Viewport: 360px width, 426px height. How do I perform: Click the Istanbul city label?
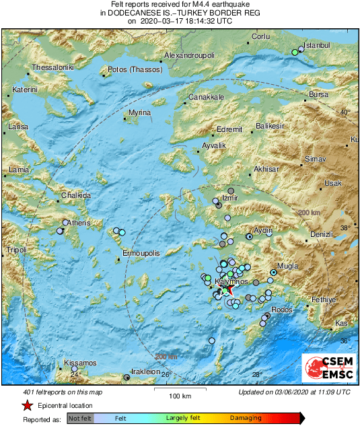318,45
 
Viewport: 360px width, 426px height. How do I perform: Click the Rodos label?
281,310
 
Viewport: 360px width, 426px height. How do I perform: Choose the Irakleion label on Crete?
145,371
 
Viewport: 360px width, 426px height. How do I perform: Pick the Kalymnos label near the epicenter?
231,281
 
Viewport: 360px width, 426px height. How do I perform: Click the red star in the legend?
27,406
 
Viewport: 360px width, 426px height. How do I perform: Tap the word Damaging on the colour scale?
246,418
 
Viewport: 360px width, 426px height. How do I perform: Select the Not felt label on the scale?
81,418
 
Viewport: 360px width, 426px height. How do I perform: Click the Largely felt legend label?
184,418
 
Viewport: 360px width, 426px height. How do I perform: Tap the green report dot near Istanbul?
294,52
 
